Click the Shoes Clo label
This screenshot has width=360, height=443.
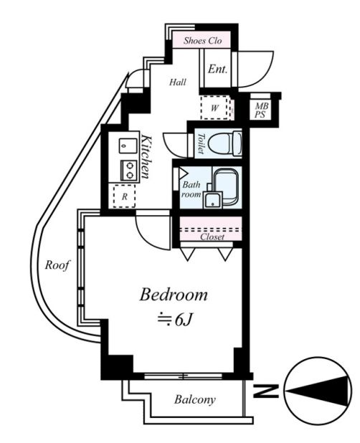[x=202, y=41]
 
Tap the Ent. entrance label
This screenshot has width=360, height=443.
[x=217, y=69]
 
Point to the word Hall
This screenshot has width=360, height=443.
[x=178, y=82]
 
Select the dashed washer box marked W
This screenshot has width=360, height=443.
[x=214, y=108]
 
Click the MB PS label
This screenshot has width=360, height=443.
[x=261, y=110]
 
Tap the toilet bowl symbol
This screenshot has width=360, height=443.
[x=225, y=143]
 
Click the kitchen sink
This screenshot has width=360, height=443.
[x=128, y=146]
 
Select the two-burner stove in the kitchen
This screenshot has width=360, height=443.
[x=128, y=171]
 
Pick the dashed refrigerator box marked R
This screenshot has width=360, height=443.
[x=124, y=196]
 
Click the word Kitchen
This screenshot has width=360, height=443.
[x=147, y=156]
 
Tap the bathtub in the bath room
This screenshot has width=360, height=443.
[x=225, y=186]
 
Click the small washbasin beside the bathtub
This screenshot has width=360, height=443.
[x=213, y=200]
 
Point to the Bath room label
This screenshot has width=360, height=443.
[x=191, y=189]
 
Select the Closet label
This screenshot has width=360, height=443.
[x=212, y=237]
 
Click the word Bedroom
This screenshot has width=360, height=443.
[x=174, y=295]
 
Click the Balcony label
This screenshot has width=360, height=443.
[x=195, y=399]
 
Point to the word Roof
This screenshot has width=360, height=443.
[x=57, y=265]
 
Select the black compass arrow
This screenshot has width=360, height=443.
[x=317, y=391]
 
